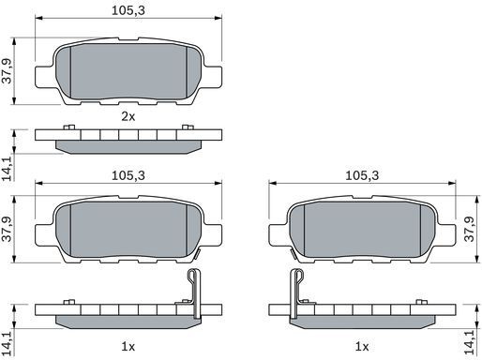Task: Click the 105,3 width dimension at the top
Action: [x=128, y=10]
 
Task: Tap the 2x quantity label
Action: [x=128, y=117]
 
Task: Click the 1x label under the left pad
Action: [x=128, y=347]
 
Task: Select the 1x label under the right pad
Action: [x=362, y=347]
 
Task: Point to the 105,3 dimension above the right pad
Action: [x=362, y=175]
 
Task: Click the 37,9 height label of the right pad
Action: [x=470, y=230]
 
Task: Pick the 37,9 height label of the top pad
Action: [x=7, y=71]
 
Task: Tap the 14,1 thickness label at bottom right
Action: [x=470, y=342]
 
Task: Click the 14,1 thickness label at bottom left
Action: [x=7, y=343]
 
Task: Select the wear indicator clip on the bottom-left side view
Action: [x=195, y=293]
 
